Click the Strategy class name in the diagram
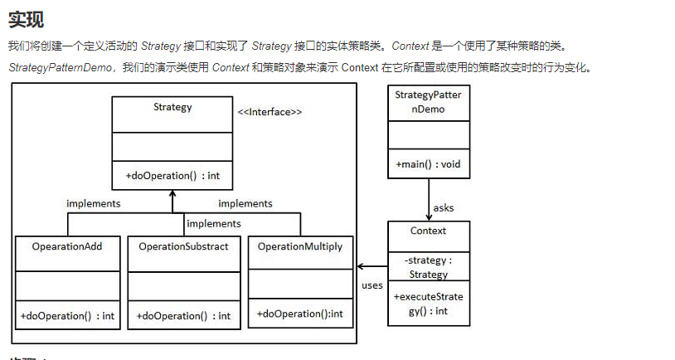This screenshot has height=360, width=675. coord(172,108)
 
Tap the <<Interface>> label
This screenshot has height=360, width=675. coord(270,112)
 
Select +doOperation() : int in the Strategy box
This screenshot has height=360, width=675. coord(172,176)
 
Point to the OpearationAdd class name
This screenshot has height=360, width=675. coord(67,246)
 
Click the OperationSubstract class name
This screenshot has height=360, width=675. coord(183,246)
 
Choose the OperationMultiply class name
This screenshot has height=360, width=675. coord(300,246)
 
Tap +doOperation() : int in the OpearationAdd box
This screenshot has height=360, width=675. coord(67,316)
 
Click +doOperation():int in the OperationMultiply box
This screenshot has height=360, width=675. coord(300,314)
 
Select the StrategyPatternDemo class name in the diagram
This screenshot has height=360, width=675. coord(428,102)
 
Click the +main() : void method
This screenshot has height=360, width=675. coord(428,164)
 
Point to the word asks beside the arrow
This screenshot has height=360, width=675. coord(444,207)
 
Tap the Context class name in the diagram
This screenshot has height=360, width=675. coord(428,231)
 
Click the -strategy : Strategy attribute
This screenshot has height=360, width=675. coord(428,267)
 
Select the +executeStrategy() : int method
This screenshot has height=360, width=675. coord(428,304)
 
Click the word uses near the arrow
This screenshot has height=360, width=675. coord(372,285)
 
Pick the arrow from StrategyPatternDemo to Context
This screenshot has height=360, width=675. coord(429,199)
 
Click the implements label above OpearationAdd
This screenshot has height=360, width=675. coord(94,203)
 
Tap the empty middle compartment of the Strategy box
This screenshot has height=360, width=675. coord(172,146)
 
